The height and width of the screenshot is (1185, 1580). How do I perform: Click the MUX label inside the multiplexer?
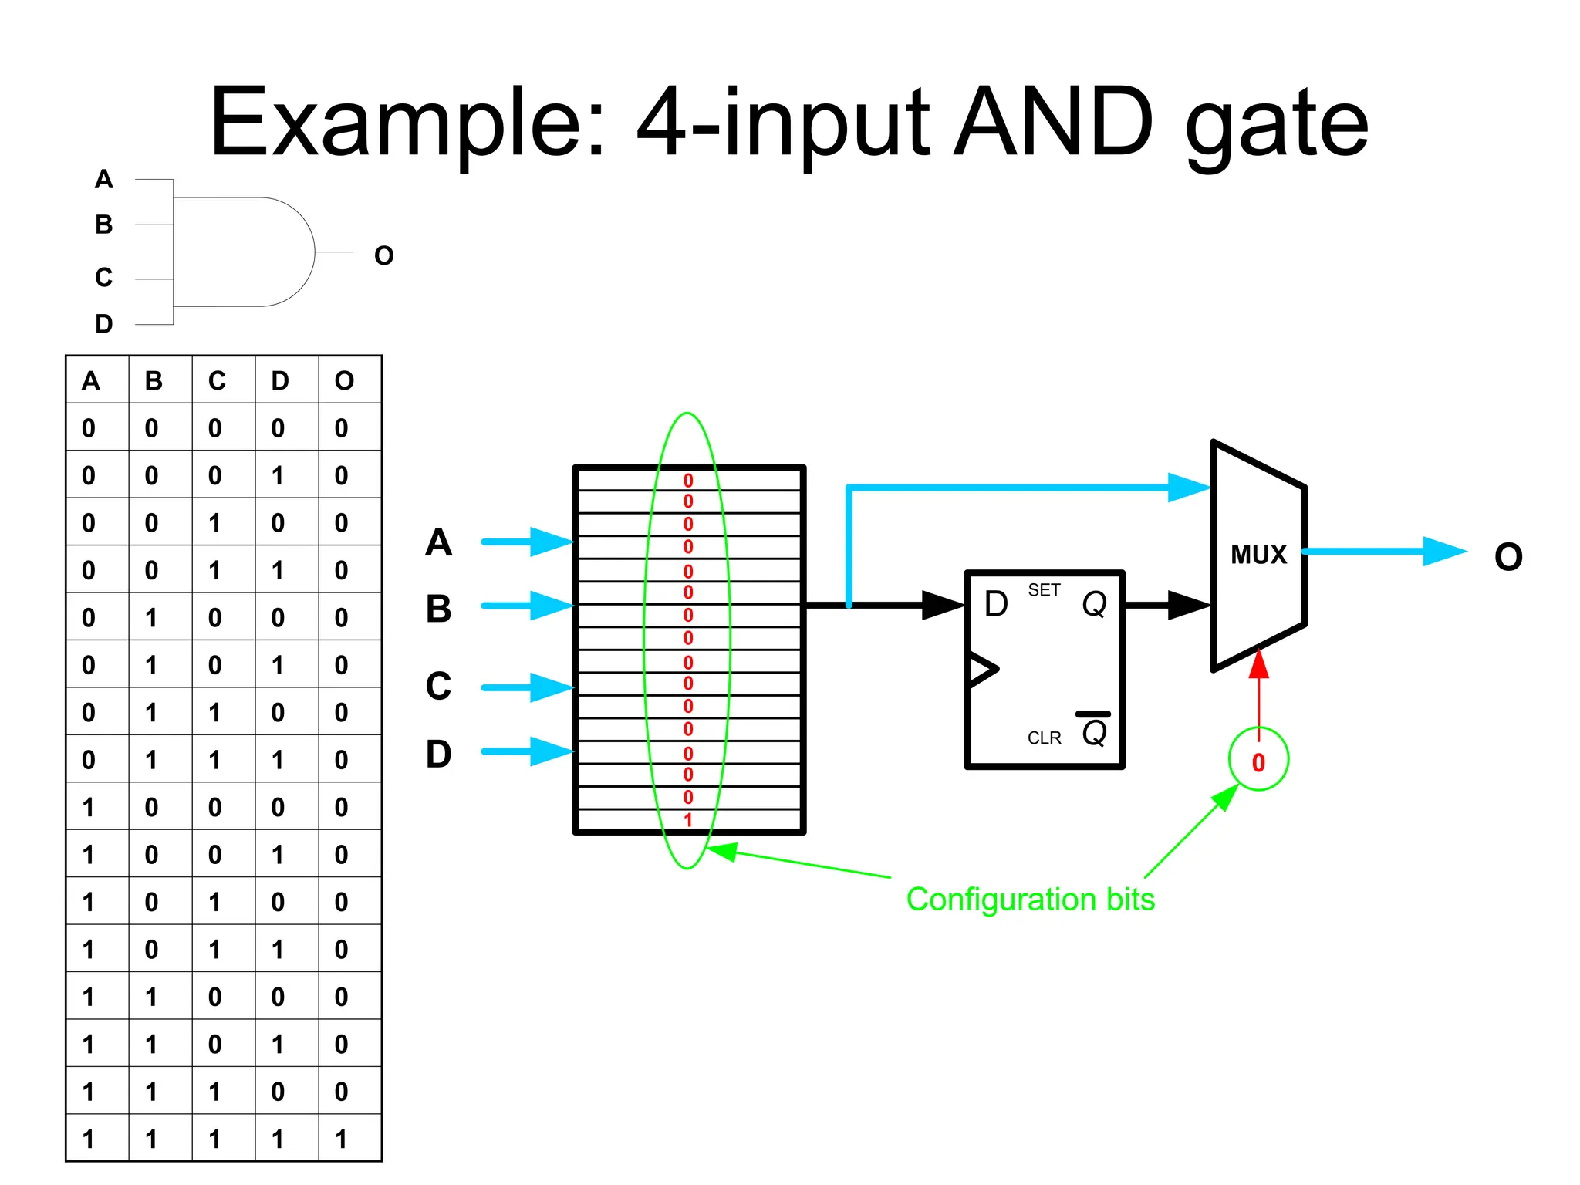1258,555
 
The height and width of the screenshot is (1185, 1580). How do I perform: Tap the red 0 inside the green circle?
1258,762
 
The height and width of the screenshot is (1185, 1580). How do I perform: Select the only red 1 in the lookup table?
688,819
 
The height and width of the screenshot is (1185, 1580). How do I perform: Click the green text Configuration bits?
1030,900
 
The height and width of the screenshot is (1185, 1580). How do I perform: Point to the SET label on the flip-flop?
1044,590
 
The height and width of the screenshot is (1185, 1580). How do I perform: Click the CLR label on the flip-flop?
1044,738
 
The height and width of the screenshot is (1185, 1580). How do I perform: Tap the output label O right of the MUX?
1508,557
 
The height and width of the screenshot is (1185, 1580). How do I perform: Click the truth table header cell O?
344,380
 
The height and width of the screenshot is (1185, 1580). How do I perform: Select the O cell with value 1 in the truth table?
342,1139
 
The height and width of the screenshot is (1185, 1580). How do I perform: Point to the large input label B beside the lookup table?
439,609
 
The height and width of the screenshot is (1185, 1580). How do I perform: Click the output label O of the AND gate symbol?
383,255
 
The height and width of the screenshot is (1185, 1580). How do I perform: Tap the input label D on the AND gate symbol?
104,324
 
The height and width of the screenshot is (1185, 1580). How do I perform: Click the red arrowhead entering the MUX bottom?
1258,665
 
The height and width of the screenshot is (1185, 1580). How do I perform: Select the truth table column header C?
217,380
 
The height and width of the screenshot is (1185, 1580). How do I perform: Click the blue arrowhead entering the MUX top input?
1188,488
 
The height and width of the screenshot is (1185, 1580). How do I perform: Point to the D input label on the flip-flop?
996,604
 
